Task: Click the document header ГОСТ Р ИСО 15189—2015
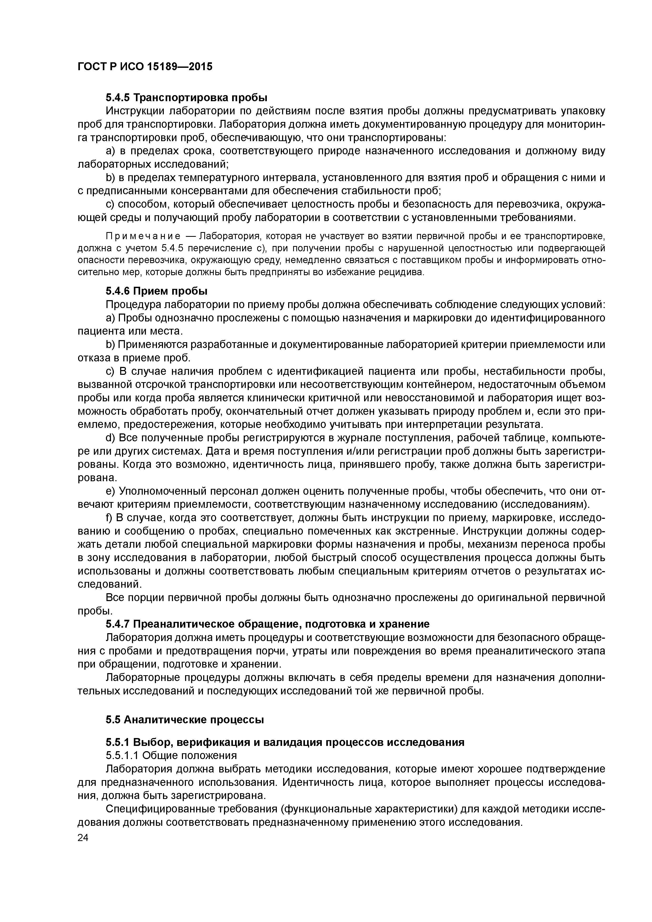pos(144,67)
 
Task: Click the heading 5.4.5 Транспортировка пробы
pos(186,98)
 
